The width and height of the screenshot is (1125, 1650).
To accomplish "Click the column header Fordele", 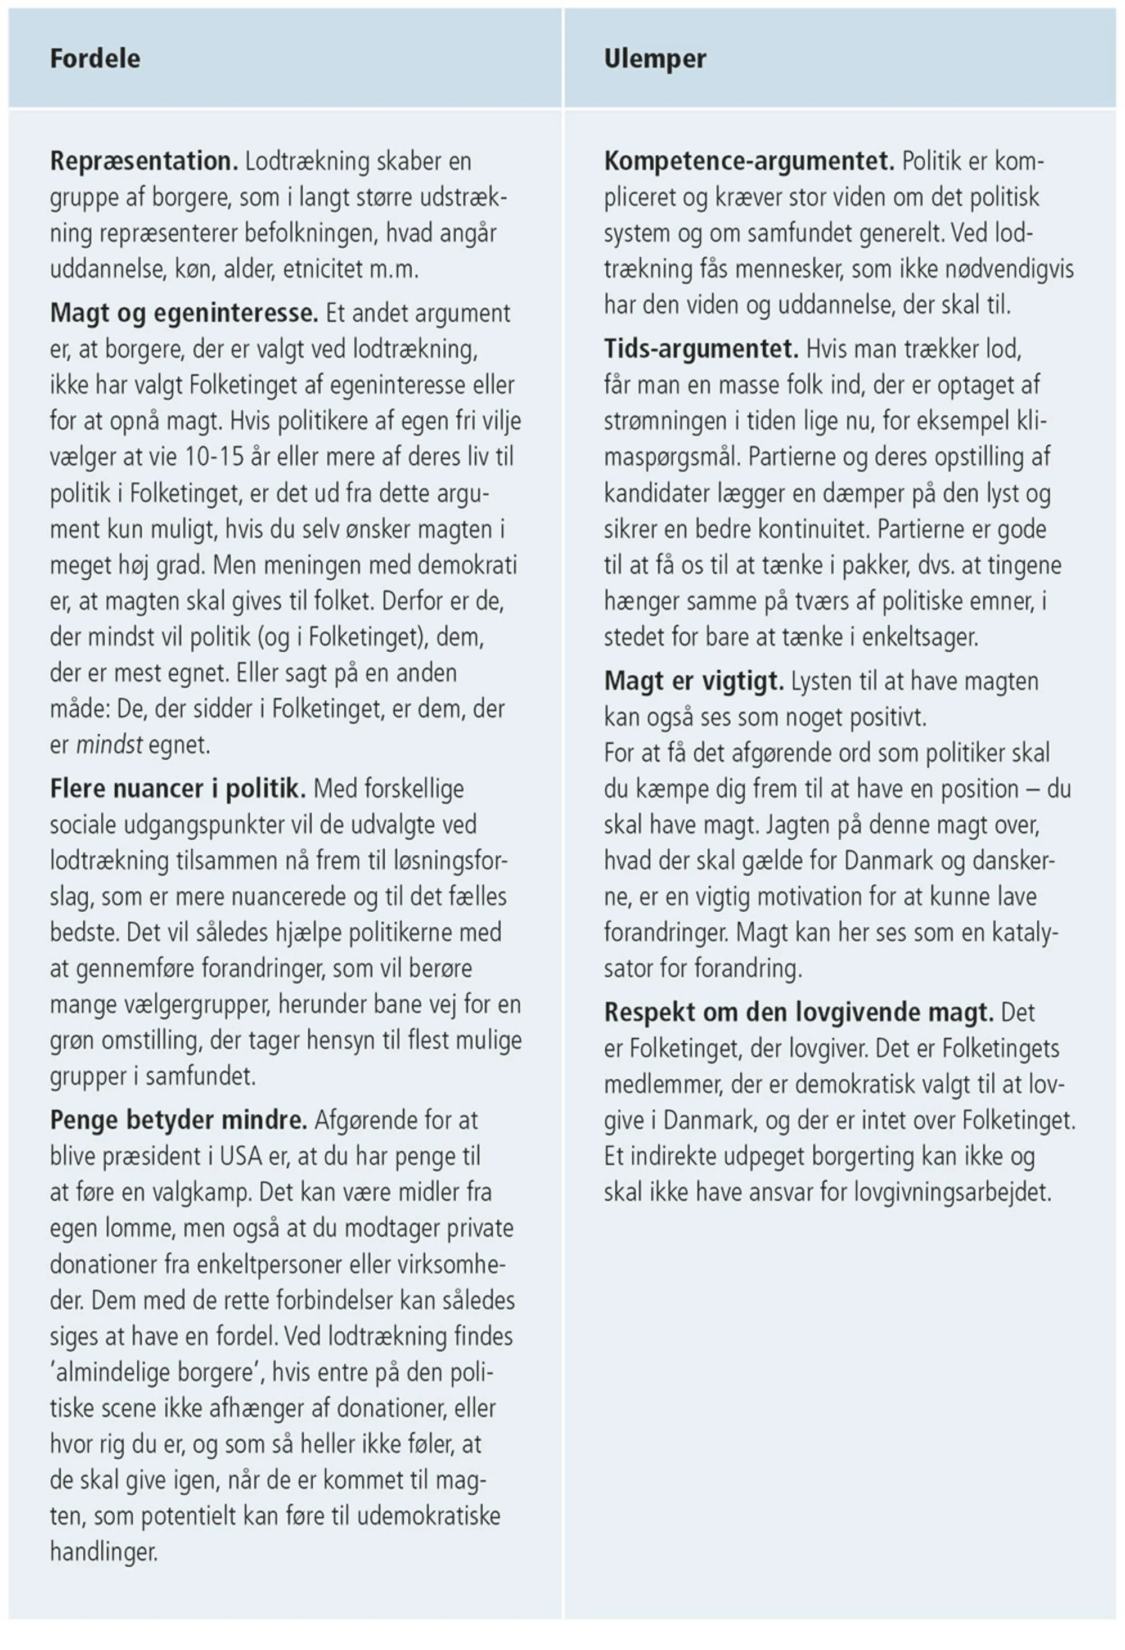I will [x=94, y=58].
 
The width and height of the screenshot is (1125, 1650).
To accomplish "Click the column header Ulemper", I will [x=654, y=58].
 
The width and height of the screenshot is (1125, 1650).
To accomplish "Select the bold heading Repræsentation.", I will [x=143, y=161].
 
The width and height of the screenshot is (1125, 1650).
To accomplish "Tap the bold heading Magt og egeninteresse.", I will [x=184, y=312].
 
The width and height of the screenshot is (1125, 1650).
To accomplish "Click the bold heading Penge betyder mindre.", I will [x=178, y=1120].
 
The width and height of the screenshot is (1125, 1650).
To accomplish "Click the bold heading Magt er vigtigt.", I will [x=694, y=681].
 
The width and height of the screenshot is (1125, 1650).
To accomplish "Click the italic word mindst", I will [x=109, y=745].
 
